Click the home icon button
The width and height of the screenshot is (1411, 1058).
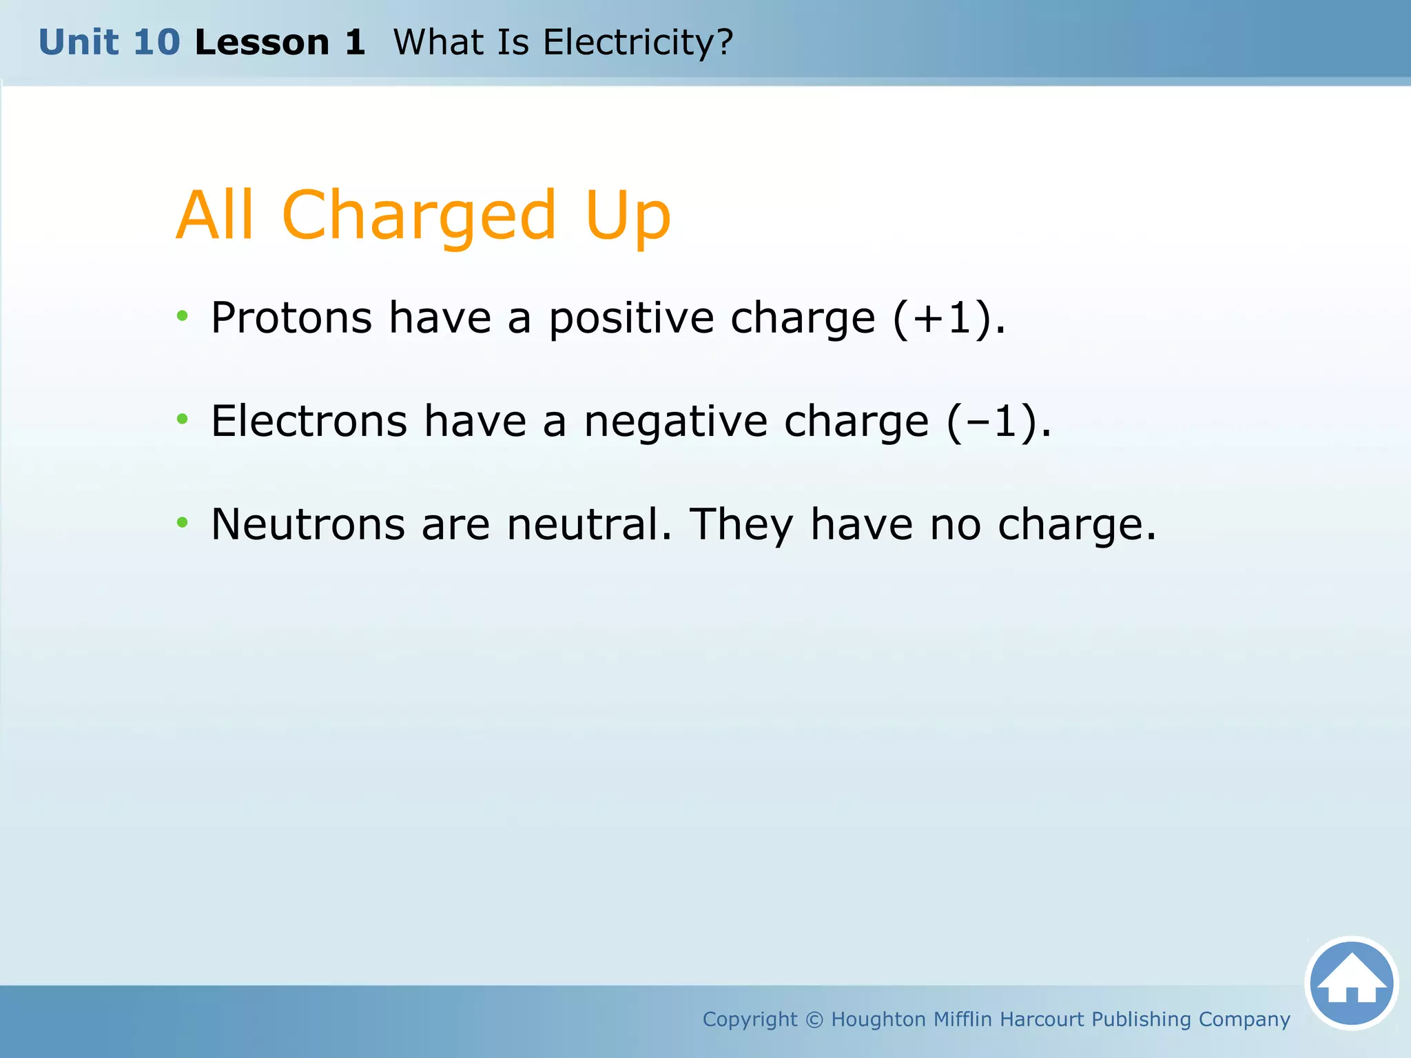click(1351, 983)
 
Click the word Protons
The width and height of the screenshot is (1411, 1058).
click(291, 318)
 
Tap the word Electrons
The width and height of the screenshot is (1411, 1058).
click(309, 422)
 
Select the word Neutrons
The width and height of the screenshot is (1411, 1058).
click(307, 525)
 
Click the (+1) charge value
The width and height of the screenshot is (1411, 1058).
click(942, 318)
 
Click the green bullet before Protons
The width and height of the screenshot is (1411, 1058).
click(182, 316)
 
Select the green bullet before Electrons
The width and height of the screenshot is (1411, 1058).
click(182, 419)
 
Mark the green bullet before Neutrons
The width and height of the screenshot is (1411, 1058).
click(182, 522)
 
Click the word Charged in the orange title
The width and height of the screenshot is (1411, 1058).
click(418, 216)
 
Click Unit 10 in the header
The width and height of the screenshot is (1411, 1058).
click(109, 43)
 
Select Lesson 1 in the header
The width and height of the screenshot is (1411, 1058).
click(280, 43)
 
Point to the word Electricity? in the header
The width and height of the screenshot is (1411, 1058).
click(637, 43)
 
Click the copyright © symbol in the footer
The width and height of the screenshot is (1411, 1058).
click(814, 1019)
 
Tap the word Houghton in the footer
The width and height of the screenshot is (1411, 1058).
click(878, 1019)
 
